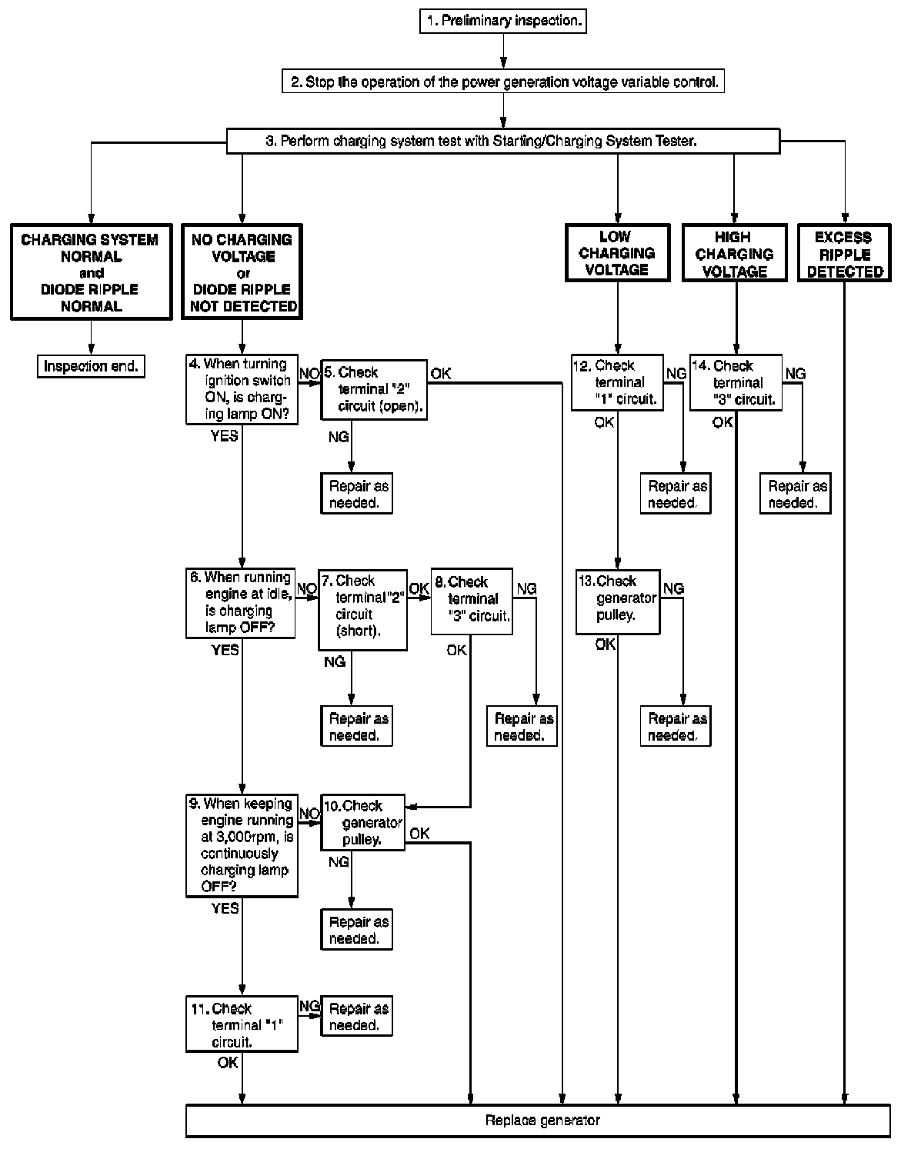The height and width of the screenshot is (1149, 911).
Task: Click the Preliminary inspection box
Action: click(502, 21)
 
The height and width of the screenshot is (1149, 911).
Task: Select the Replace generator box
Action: click(538, 1121)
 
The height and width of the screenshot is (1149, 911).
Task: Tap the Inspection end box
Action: click(91, 366)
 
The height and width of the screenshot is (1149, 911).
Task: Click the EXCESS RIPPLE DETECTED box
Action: click(844, 254)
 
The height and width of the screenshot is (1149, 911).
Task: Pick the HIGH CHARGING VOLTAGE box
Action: click(734, 254)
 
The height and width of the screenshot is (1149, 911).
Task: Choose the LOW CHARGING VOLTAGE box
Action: click(616, 252)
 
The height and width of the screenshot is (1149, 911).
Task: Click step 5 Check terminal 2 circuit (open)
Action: click(374, 389)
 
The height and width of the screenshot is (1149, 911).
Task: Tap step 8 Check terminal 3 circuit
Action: click(472, 601)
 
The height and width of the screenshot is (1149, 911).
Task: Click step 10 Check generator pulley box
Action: click(362, 822)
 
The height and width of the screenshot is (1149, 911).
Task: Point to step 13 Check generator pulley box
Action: click(618, 601)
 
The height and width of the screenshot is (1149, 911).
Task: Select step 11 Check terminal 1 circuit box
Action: click(242, 1024)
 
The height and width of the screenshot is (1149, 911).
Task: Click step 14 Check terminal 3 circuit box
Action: click(736, 382)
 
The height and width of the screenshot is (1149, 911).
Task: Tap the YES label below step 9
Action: click(225, 908)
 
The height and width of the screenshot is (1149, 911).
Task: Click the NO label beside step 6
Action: click(307, 589)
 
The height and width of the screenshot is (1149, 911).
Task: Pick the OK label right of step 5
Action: click(441, 374)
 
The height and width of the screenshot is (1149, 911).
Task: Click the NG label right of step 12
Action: click(676, 374)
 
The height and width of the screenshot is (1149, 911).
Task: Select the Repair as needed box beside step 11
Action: click(355, 1017)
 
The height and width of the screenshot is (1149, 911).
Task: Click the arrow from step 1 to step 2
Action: click(503, 53)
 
